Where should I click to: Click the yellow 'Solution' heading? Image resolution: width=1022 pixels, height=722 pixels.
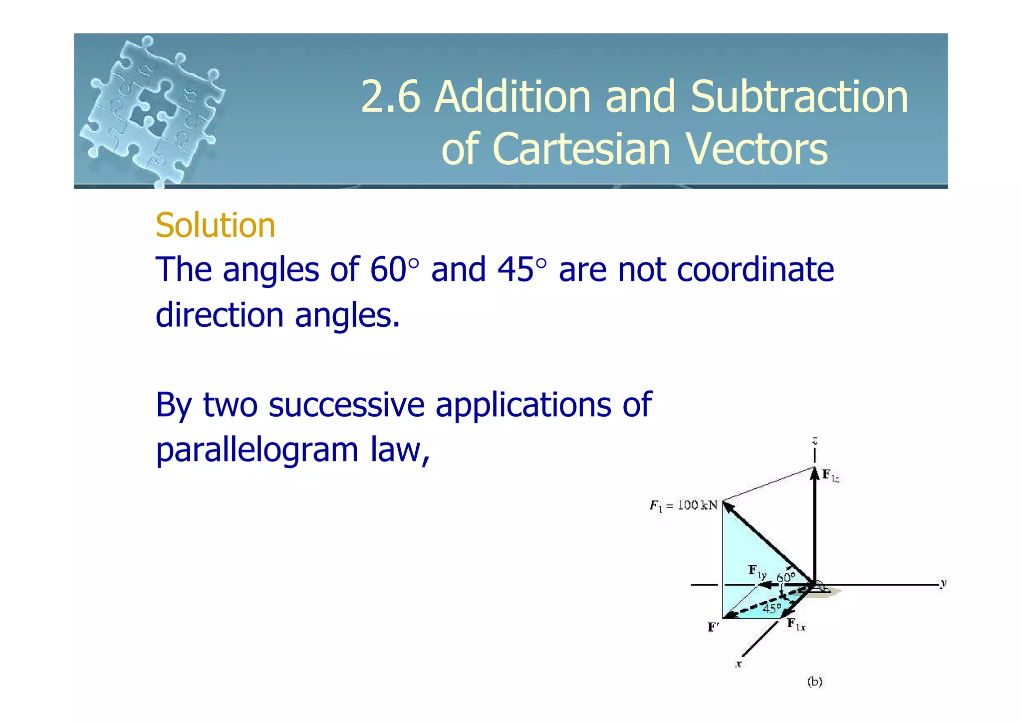click(x=215, y=226)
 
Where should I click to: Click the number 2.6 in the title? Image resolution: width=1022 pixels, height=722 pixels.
click(x=390, y=97)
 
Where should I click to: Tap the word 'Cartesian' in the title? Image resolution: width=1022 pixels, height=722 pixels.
click(x=581, y=149)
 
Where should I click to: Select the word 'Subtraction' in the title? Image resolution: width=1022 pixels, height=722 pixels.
click(x=799, y=97)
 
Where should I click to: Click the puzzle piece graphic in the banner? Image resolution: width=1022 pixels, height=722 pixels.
click(x=152, y=110)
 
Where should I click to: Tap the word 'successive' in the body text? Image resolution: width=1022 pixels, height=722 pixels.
click(x=346, y=405)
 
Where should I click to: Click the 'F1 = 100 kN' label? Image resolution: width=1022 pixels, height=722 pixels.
click(x=683, y=505)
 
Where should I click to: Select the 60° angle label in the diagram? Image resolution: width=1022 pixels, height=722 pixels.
click(x=786, y=577)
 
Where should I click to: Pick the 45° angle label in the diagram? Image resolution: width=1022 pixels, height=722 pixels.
click(x=772, y=608)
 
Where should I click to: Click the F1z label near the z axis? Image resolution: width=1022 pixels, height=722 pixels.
click(x=830, y=476)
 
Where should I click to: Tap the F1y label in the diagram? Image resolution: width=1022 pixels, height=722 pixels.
click(x=757, y=571)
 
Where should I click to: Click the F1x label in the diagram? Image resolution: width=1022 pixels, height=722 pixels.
click(x=796, y=624)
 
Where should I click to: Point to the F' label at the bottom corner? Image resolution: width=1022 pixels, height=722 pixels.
click(x=713, y=627)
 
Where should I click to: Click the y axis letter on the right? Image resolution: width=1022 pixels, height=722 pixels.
click(x=943, y=583)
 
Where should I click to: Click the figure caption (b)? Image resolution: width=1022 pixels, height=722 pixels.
click(x=814, y=682)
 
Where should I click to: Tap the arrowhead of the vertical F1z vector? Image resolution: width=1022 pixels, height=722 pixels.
click(x=814, y=473)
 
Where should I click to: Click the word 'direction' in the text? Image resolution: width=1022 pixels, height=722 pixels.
click(x=220, y=315)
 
